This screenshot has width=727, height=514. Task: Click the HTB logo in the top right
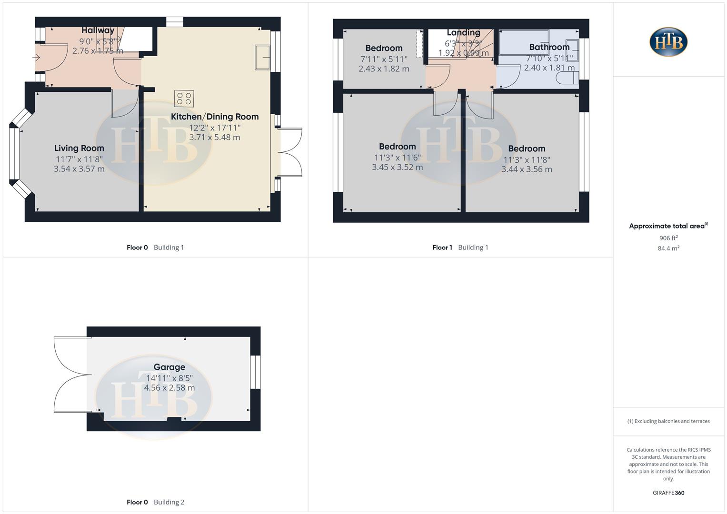click(x=668, y=42)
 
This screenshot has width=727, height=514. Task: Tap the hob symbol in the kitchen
click(x=184, y=99)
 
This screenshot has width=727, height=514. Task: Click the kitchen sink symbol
click(x=262, y=57)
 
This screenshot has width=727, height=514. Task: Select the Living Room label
click(x=79, y=148)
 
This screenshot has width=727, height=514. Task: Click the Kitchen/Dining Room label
click(x=215, y=117)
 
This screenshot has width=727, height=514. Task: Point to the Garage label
click(x=169, y=367)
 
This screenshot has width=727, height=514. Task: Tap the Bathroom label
click(x=549, y=47)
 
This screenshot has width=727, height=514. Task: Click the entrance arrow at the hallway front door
click(x=36, y=58)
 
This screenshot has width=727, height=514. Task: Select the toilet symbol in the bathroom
click(x=570, y=78)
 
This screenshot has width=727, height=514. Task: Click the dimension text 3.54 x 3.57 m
click(x=79, y=169)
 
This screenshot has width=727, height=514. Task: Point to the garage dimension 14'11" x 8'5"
click(x=169, y=378)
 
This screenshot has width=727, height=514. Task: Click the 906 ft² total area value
click(x=668, y=238)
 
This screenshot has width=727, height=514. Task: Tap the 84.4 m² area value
click(x=668, y=248)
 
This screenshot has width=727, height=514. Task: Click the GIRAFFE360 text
click(x=668, y=493)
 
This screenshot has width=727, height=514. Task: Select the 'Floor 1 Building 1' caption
click(x=460, y=247)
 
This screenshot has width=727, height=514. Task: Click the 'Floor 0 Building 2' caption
click(x=155, y=502)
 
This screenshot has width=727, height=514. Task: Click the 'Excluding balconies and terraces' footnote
click(x=668, y=421)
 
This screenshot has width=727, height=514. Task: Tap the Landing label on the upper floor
click(x=463, y=32)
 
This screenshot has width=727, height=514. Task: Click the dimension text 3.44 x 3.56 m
click(x=527, y=169)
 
